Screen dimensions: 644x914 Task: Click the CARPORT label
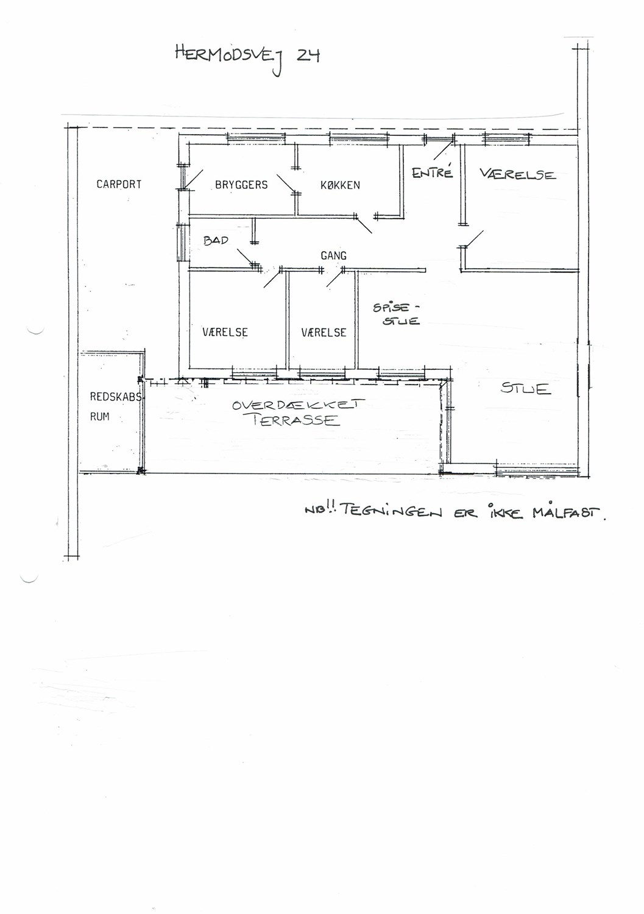119,185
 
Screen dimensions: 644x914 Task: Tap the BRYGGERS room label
241,185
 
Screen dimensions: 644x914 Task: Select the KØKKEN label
340,185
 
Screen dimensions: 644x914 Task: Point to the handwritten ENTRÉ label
432,172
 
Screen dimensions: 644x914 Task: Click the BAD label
216,241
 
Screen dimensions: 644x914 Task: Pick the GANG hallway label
333,256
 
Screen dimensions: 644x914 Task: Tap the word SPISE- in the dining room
396,308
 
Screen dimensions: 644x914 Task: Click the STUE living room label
526,388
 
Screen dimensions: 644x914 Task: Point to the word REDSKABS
116,397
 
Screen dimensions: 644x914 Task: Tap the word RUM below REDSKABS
99,417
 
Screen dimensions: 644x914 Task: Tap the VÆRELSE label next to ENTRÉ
517,174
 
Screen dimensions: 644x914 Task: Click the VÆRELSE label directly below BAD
225,332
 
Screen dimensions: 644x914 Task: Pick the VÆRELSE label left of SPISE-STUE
324,333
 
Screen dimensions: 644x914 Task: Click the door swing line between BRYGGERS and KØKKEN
286,183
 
